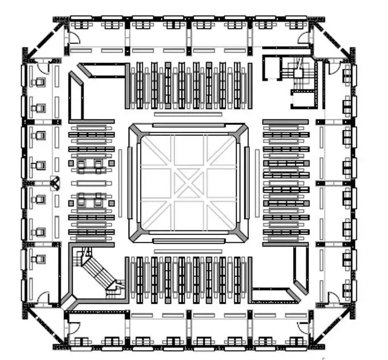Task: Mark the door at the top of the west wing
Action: point(43,66)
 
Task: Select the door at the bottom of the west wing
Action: point(43,297)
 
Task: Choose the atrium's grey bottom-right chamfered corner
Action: point(242,235)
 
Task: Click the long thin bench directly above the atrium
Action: point(188,114)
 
